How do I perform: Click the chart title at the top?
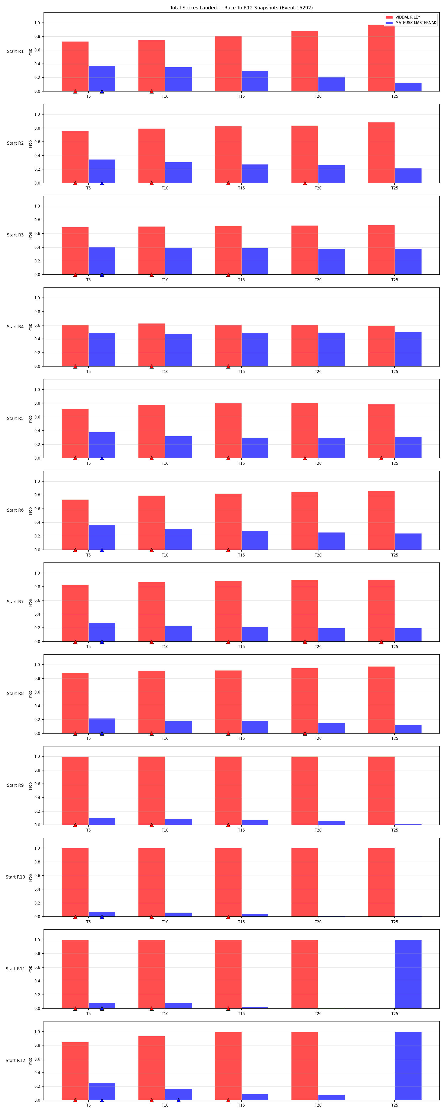241,8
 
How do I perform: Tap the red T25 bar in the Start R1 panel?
381,58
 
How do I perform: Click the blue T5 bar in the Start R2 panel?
102,171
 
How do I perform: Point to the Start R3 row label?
15,235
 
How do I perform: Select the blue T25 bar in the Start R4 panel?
408,349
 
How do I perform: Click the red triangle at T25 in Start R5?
381,458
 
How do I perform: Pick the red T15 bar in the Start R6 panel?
228,522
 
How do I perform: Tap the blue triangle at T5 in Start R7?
102,642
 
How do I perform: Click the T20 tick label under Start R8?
318,738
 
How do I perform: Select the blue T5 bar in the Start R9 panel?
102,821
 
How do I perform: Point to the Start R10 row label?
15,877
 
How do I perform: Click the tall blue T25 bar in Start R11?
408,974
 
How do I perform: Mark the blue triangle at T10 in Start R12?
178,1100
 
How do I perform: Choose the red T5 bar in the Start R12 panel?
75,1071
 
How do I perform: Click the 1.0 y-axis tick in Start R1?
37,23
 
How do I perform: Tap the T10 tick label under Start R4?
165,371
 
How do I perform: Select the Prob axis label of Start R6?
30,511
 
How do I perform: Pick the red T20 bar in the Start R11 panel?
305,974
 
